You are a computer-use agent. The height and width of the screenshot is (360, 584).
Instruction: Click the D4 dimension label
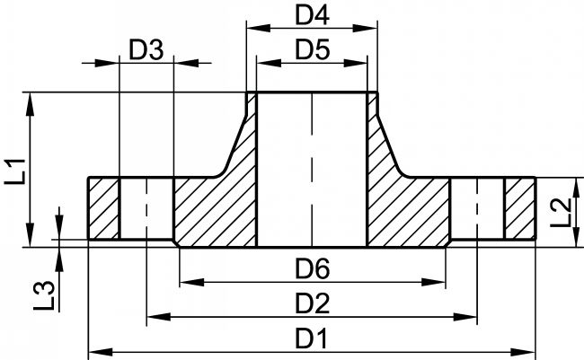click(x=312, y=15)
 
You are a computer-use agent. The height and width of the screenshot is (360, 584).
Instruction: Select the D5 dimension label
click(x=312, y=50)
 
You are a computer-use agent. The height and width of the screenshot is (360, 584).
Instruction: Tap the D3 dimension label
click(x=146, y=50)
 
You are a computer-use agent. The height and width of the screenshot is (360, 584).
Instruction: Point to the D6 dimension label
click(x=312, y=268)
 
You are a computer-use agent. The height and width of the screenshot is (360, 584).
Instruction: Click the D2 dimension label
click(x=312, y=303)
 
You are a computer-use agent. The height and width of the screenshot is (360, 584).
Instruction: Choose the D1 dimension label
click(x=311, y=338)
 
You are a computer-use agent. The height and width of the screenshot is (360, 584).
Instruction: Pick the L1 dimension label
click(x=15, y=171)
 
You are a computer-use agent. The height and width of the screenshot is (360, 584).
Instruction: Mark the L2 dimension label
click(x=560, y=213)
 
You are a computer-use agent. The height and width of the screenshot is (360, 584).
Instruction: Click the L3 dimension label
click(x=44, y=296)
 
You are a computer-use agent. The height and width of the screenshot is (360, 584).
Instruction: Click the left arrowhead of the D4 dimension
click(x=258, y=28)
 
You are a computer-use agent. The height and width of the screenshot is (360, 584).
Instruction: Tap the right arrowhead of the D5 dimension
click(x=355, y=63)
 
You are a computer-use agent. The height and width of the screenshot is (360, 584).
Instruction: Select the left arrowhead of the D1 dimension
click(x=101, y=352)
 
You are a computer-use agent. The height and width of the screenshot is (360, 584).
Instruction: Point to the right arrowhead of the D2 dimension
click(x=465, y=317)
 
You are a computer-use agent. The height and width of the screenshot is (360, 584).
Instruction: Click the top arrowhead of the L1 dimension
click(x=31, y=104)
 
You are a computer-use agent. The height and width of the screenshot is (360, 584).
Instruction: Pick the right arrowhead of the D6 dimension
click(x=434, y=282)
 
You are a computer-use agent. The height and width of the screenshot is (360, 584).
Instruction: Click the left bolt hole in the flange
click(x=146, y=208)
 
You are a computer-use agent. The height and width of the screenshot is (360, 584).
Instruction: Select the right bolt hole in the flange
click(x=477, y=208)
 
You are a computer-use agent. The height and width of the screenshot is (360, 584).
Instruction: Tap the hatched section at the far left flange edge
click(x=103, y=208)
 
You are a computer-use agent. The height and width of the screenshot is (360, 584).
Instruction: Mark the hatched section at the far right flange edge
click(x=520, y=208)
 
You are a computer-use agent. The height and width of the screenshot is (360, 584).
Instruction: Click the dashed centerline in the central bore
click(x=312, y=170)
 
